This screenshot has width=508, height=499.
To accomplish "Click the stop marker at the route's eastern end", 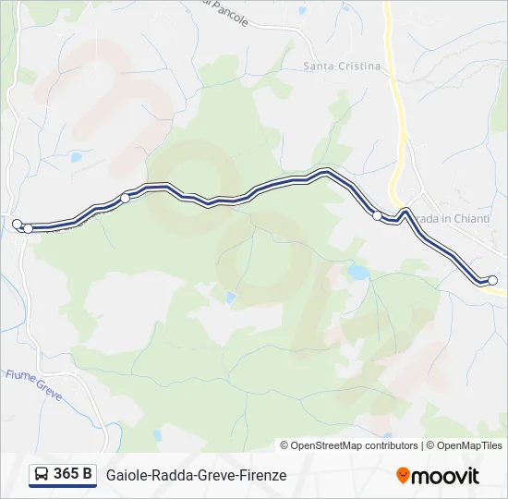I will pos(492,280).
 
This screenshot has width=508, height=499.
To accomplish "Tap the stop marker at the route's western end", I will pos(17,224).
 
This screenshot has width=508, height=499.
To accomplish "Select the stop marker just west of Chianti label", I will pos(377,216).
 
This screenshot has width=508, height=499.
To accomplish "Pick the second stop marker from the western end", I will pos(28,228).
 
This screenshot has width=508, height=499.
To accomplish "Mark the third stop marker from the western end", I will pos(126,197).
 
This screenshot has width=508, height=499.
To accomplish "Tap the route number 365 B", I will pos(73,475).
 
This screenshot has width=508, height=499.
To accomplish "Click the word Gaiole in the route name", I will pos(126,476).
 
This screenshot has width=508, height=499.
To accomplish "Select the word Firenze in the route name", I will pos(262,476).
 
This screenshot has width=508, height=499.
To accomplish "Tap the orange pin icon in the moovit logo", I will pos(403,476).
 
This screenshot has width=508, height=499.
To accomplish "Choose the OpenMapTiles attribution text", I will pos(468,445).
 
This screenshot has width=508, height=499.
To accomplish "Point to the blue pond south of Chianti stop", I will pos(357,273).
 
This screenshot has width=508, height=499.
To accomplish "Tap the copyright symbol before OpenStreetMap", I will pos(284,445).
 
